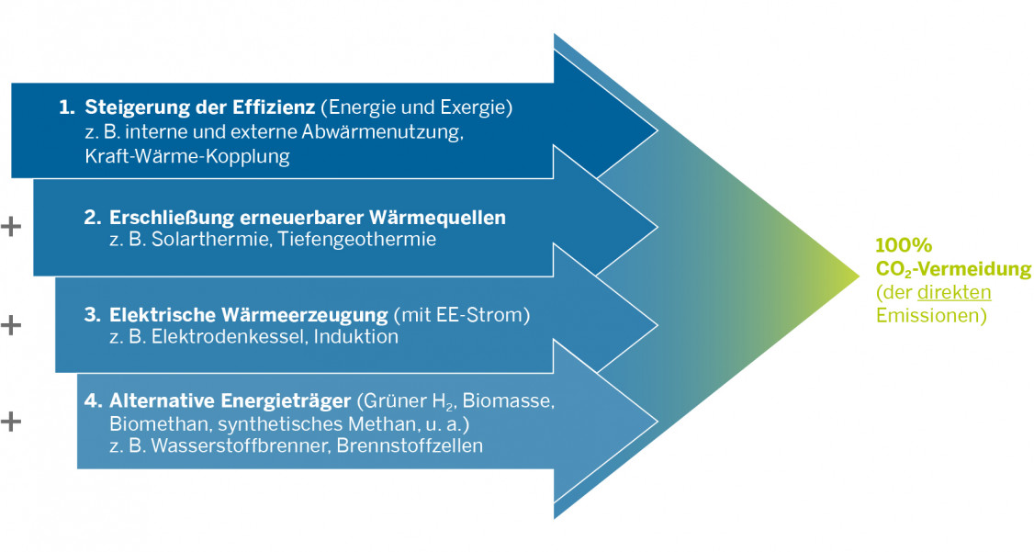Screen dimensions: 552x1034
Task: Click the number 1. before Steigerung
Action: point(66,107)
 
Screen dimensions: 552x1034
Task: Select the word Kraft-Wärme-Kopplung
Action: point(186,156)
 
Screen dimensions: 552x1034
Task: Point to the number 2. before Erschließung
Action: point(91,218)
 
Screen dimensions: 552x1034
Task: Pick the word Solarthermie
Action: point(198,240)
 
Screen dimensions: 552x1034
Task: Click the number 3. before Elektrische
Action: point(91,315)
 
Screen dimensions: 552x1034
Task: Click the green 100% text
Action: point(904,245)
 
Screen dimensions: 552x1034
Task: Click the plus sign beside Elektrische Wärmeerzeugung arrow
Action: point(10,325)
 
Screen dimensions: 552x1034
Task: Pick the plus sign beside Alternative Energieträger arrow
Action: point(10,422)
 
